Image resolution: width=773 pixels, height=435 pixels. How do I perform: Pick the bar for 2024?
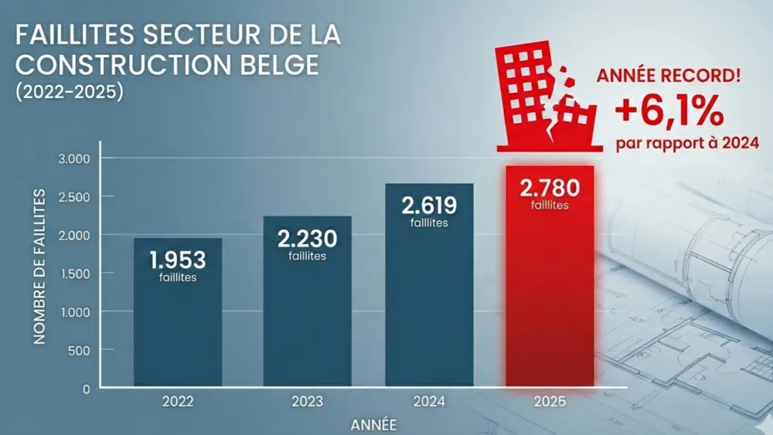click(x=429, y=309)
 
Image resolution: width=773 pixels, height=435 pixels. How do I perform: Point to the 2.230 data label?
click(x=307, y=236)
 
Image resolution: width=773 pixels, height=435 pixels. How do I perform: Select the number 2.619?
click(x=429, y=205)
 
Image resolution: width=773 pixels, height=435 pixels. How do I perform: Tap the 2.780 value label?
click(x=550, y=188)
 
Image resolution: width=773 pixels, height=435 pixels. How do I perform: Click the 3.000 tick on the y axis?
click(x=75, y=158)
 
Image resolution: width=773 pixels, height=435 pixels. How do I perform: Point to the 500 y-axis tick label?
click(x=80, y=350)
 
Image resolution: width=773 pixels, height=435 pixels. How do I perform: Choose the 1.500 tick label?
click(x=75, y=274)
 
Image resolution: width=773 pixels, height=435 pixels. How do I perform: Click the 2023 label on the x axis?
click(x=307, y=403)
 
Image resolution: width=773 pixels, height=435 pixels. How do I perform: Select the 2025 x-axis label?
click(x=550, y=403)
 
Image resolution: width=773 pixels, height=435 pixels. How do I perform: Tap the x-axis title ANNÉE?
click(x=374, y=424)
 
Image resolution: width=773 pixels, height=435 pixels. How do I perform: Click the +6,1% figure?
click(x=669, y=114)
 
